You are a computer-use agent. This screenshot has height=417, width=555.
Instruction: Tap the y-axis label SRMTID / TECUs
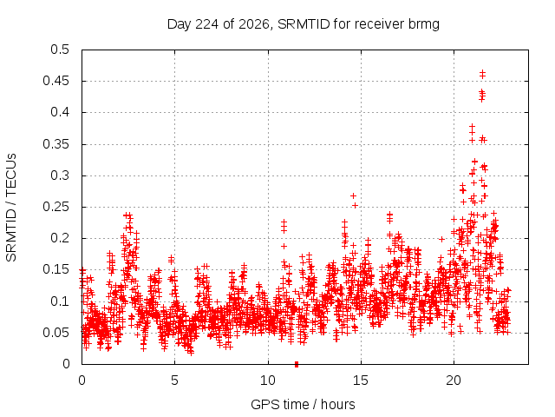(x=11, y=208)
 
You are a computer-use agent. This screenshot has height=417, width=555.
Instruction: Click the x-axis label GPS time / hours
(x=303, y=404)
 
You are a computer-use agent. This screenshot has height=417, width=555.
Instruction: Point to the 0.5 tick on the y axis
(x=60, y=50)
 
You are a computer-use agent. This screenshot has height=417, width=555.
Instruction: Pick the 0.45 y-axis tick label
(x=56, y=81)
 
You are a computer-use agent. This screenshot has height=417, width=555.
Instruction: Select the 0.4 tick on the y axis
(x=60, y=112)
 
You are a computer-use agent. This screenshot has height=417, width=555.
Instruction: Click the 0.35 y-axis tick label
(x=56, y=144)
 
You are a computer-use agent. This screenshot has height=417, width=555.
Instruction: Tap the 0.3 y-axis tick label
(x=60, y=175)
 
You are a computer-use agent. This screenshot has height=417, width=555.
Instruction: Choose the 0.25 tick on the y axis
(x=56, y=207)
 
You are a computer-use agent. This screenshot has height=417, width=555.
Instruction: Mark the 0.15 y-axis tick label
(x=56, y=269)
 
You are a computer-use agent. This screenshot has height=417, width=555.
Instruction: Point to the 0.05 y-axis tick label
(x=56, y=332)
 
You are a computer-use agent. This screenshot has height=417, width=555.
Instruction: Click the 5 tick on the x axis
(x=174, y=381)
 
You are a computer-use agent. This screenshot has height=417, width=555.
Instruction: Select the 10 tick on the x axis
(x=268, y=381)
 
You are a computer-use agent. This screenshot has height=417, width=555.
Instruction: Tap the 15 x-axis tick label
(x=361, y=381)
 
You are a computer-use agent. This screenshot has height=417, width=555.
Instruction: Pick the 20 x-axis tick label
(x=454, y=381)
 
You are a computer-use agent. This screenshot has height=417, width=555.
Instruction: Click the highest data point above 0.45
(x=482, y=73)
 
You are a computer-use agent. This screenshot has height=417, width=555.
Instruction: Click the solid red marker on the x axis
(x=297, y=364)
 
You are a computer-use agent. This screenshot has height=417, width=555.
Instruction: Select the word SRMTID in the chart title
(x=304, y=24)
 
